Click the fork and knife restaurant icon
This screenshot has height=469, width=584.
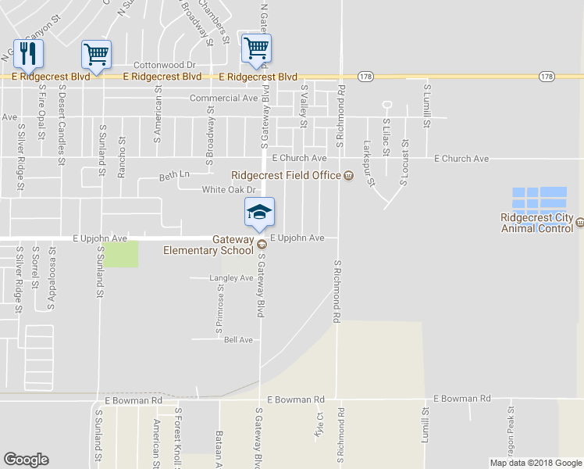click(28, 54)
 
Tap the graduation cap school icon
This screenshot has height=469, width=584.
click(259, 211)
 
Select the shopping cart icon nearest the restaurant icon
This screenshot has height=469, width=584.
click(96, 54)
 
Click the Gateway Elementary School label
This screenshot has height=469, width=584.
click(208, 245)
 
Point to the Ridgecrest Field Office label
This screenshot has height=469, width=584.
click(287, 175)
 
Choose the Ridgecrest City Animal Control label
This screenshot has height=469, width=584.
click(536, 224)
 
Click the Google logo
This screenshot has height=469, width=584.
click(27, 460)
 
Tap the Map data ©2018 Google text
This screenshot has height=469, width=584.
click(535, 463)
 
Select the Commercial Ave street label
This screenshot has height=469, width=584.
click(223, 98)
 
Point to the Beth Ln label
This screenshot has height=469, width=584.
click(174, 174)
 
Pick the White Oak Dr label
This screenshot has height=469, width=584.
click(229, 190)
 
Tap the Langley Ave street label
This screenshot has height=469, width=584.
click(231, 278)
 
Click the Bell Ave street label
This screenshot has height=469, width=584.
click(239, 340)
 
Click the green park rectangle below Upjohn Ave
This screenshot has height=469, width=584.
click(121, 253)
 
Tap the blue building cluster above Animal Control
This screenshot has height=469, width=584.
click(539, 199)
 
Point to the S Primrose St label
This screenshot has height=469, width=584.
click(220, 311)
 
